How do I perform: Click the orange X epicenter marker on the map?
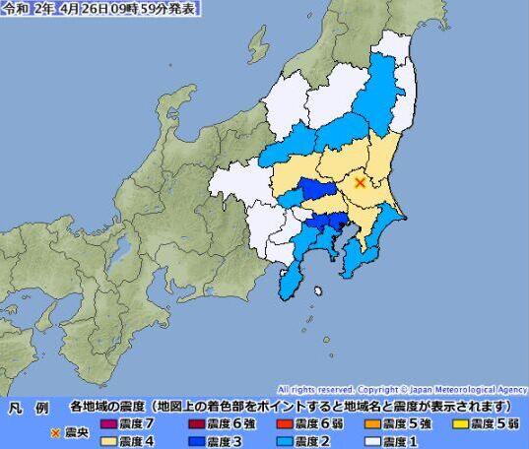pos(361,181)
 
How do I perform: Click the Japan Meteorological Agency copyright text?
pos(403,390)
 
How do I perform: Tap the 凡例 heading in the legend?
pos(30,407)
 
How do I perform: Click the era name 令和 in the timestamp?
pos(15,8)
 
